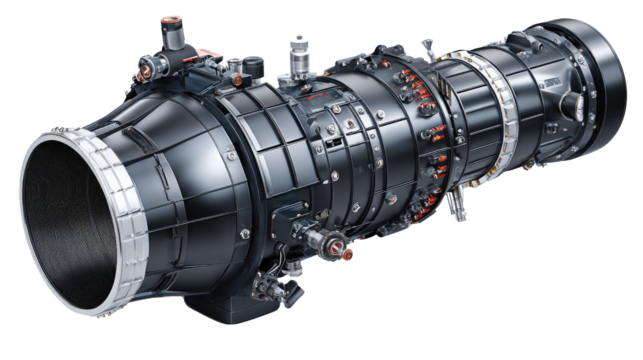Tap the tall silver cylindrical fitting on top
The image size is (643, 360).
[297, 54]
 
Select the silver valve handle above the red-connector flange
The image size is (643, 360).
[428, 48]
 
